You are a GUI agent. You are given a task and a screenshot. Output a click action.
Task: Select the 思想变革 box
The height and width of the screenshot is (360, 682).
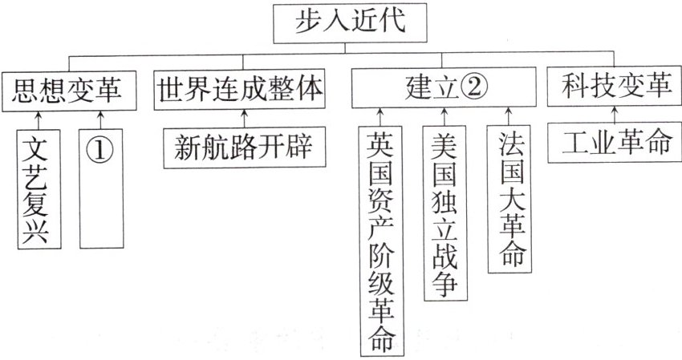[68, 91]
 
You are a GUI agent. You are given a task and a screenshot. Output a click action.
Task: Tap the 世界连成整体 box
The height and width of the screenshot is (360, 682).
[240, 90]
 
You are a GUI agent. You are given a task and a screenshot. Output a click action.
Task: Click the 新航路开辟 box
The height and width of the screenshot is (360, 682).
[240, 147]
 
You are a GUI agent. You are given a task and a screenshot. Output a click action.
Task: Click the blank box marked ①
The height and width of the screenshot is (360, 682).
[100, 188]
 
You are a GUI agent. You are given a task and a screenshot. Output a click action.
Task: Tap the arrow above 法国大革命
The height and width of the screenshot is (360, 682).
[507, 115]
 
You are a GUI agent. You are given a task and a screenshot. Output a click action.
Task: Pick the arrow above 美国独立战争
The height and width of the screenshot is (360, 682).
[443, 115]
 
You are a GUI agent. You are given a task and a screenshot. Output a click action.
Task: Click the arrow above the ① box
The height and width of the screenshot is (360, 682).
[100, 118]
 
